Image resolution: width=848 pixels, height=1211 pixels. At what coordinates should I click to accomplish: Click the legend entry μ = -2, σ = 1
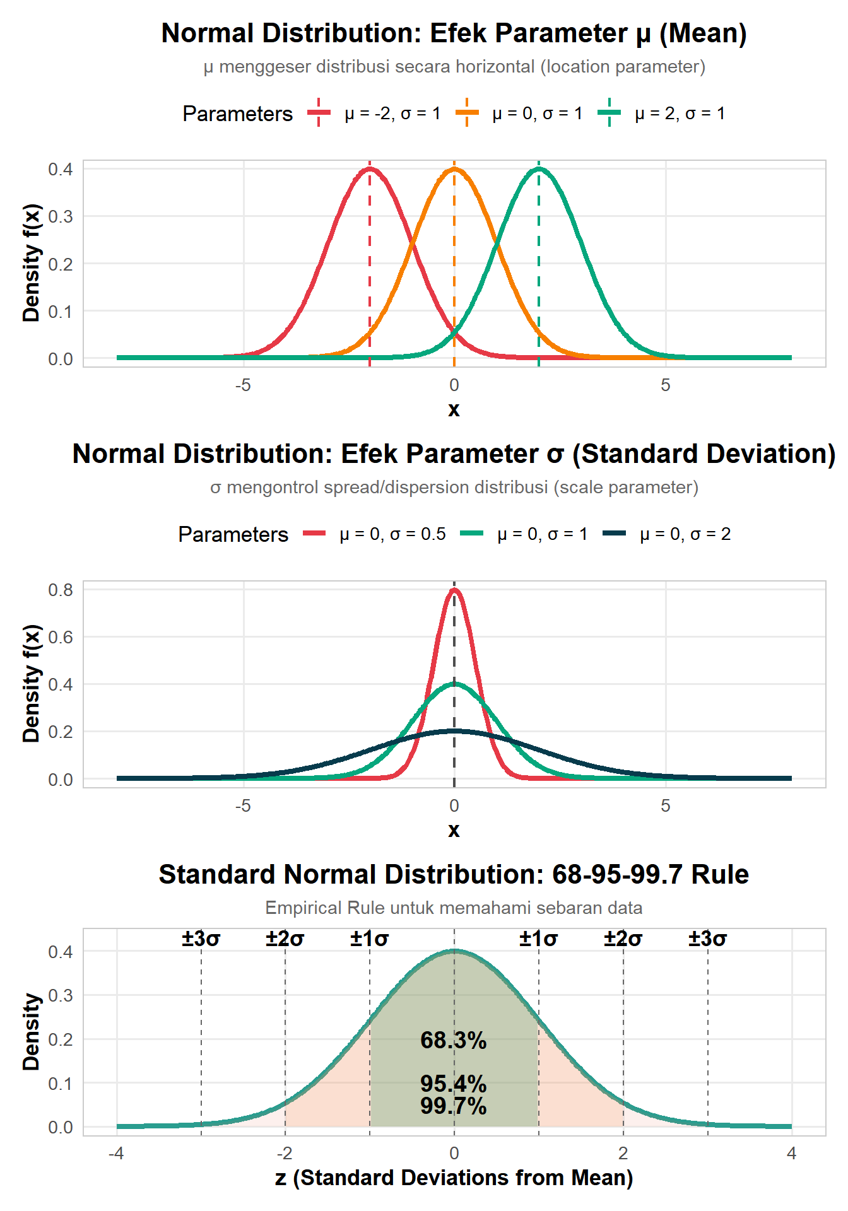click(x=392, y=114)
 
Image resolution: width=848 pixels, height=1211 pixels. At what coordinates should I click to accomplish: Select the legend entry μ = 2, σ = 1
click(x=680, y=114)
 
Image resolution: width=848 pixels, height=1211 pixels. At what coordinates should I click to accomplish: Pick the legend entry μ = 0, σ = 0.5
click(x=392, y=534)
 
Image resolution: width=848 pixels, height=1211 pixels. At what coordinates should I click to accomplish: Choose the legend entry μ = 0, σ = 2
click(x=685, y=534)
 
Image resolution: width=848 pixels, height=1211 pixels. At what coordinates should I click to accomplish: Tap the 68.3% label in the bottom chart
click(x=454, y=1040)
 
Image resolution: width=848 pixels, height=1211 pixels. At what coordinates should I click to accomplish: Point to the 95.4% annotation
click(x=454, y=1084)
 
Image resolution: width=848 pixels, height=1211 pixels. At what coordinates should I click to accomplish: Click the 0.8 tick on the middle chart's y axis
click(x=61, y=590)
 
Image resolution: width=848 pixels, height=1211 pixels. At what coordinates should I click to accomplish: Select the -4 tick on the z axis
click(x=116, y=1154)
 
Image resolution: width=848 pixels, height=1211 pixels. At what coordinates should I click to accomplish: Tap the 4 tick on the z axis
click(x=792, y=1154)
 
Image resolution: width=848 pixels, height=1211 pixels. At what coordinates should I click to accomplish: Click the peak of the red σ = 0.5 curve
click(x=454, y=590)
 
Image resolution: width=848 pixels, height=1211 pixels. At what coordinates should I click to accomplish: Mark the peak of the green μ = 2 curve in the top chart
click(x=539, y=168)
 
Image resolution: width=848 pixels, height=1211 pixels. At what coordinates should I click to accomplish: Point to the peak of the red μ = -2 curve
click(x=370, y=168)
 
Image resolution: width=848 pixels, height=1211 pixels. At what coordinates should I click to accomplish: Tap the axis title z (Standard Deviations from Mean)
click(x=454, y=1178)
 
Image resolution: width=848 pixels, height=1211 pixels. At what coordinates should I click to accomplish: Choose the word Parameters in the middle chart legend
click(x=233, y=534)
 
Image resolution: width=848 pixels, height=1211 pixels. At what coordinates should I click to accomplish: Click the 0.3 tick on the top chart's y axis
click(x=61, y=216)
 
